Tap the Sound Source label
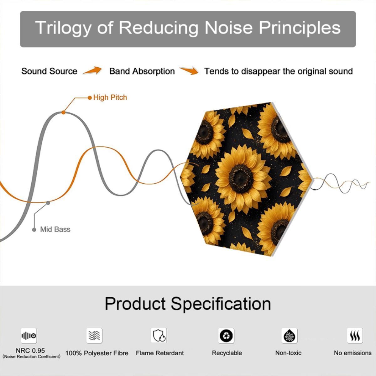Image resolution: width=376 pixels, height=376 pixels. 50,71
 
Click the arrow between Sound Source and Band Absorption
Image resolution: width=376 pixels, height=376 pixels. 92,70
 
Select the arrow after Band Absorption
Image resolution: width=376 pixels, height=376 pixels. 189,70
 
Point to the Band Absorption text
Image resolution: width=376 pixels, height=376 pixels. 142,71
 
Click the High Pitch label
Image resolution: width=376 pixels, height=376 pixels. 110,97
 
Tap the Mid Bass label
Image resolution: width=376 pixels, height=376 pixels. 55,229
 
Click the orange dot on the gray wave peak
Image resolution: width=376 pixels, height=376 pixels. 63,112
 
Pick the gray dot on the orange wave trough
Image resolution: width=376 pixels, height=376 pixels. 48,203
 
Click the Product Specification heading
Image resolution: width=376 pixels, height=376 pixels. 188,304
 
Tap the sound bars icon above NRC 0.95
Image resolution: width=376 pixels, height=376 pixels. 29,336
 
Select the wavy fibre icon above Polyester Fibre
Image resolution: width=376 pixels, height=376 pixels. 94,335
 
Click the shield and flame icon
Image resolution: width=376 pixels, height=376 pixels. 159,335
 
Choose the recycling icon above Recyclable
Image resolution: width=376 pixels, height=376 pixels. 226,336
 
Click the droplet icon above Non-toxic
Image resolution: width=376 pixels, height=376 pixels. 290,336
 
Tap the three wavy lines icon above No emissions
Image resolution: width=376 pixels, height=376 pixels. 355,336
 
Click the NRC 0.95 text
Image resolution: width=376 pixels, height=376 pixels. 30,350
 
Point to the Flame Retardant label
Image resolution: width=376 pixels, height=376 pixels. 160,353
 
